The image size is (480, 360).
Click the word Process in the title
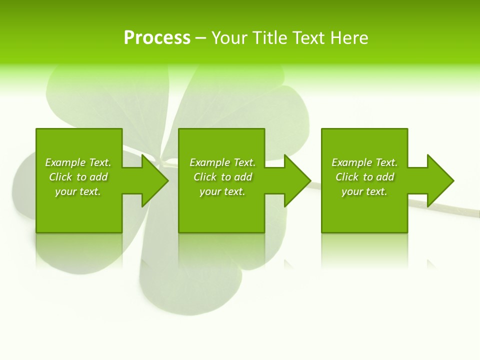click(157, 38)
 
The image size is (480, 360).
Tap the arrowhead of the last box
click(439, 180)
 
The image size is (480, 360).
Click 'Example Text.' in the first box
click(78, 162)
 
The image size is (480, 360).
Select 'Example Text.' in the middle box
click(222, 162)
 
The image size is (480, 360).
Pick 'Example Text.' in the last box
click(364, 162)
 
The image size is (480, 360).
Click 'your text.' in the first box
click(78, 191)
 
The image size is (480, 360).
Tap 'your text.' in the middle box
click(222, 191)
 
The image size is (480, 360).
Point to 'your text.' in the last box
click(364, 191)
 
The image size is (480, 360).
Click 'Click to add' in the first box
click(78, 177)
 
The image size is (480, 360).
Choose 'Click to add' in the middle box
click(222, 177)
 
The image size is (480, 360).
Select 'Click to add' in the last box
click(364, 177)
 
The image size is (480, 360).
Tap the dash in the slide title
click(200, 38)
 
